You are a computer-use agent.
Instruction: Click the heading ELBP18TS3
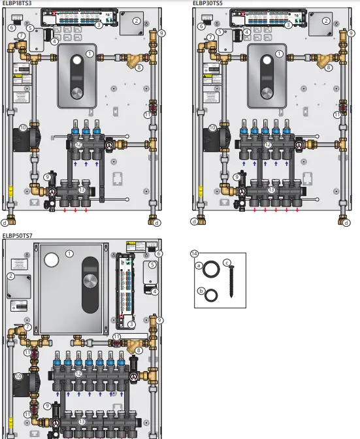tap(17, 3)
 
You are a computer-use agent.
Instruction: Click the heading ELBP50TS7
tap(17, 235)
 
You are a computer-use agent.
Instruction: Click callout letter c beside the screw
tap(226, 263)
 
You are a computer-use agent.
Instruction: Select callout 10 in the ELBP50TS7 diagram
tap(19, 376)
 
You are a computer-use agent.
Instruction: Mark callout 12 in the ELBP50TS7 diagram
tap(78, 374)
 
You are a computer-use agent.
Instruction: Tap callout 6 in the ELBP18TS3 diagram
tap(11, 28)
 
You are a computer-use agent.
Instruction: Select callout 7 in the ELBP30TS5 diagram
tap(211, 37)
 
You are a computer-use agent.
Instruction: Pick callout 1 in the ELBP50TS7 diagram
tap(69, 253)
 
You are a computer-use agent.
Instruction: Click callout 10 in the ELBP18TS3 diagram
tap(22, 128)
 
